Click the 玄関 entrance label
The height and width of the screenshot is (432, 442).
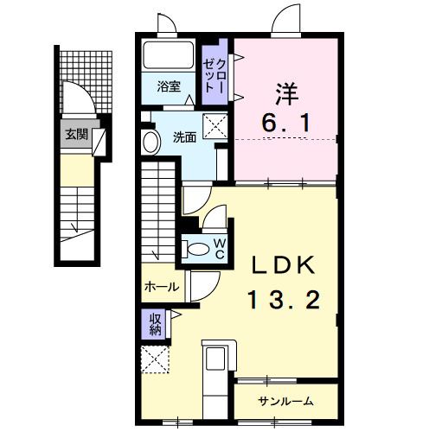(75, 134)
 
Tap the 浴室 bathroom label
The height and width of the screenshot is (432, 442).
(169, 86)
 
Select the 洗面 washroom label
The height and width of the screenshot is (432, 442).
(183, 137)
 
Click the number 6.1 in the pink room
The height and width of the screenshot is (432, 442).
(288, 124)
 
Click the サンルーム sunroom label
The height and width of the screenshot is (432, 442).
(285, 401)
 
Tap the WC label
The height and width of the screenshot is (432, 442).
(220, 248)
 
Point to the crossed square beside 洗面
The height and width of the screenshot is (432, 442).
(215, 124)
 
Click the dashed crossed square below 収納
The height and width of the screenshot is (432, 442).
(156, 358)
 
